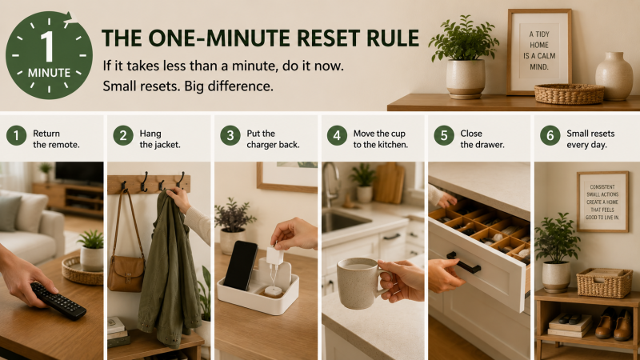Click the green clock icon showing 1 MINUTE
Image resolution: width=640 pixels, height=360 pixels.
coord(49,55)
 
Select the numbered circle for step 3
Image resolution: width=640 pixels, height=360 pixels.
coord(230,135)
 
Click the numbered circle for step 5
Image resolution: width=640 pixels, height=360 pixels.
coord(444,135)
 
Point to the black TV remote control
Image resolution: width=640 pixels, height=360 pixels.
coord(58,301)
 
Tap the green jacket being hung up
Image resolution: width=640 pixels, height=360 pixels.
coord(168,270)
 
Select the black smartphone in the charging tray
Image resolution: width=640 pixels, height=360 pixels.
coord(241,266)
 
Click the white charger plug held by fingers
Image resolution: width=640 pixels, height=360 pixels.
coord(274,256)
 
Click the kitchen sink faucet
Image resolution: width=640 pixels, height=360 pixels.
coord(330,184)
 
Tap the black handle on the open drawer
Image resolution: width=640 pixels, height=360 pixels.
coord(463,262)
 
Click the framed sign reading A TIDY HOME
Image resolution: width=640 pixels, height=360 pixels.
coord(539,51)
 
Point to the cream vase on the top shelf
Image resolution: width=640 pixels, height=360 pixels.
coord(614,76)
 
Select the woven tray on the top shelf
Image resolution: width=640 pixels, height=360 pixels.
coord(569,94)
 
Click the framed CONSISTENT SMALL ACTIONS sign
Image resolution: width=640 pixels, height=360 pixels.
coord(602,202)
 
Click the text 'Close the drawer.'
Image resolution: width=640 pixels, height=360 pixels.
coord(482,138)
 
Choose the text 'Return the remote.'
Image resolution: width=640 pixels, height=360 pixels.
coord(56,138)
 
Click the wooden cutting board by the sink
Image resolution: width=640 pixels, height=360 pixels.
coord(389,183)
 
